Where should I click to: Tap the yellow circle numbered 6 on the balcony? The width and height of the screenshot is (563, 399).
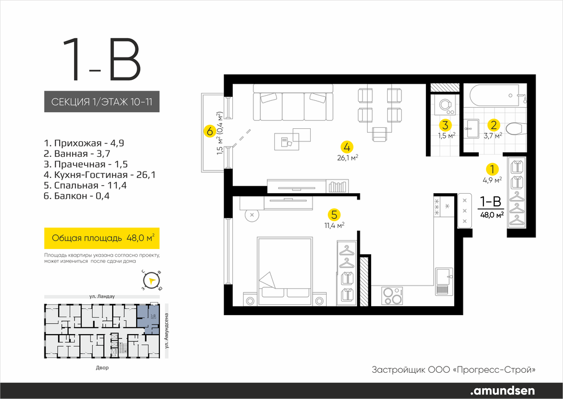[x=209, y=131]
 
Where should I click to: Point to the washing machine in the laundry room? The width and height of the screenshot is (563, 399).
[x=445, y=104]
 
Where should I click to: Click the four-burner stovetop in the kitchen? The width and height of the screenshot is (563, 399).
[x=392, y=295]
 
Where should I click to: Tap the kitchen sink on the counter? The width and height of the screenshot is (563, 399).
[x=444, y=281]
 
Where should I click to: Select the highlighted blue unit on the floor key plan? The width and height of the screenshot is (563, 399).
[x=148, y=320]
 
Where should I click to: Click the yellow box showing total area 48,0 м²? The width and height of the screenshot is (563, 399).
[x=101, y=238]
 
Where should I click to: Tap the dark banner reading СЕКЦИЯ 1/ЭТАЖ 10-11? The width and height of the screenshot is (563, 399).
[x=101, y=101]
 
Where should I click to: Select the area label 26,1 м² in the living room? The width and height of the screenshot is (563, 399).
[x=348, y=157]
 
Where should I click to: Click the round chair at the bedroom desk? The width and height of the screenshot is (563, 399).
[x=252, y=215]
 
